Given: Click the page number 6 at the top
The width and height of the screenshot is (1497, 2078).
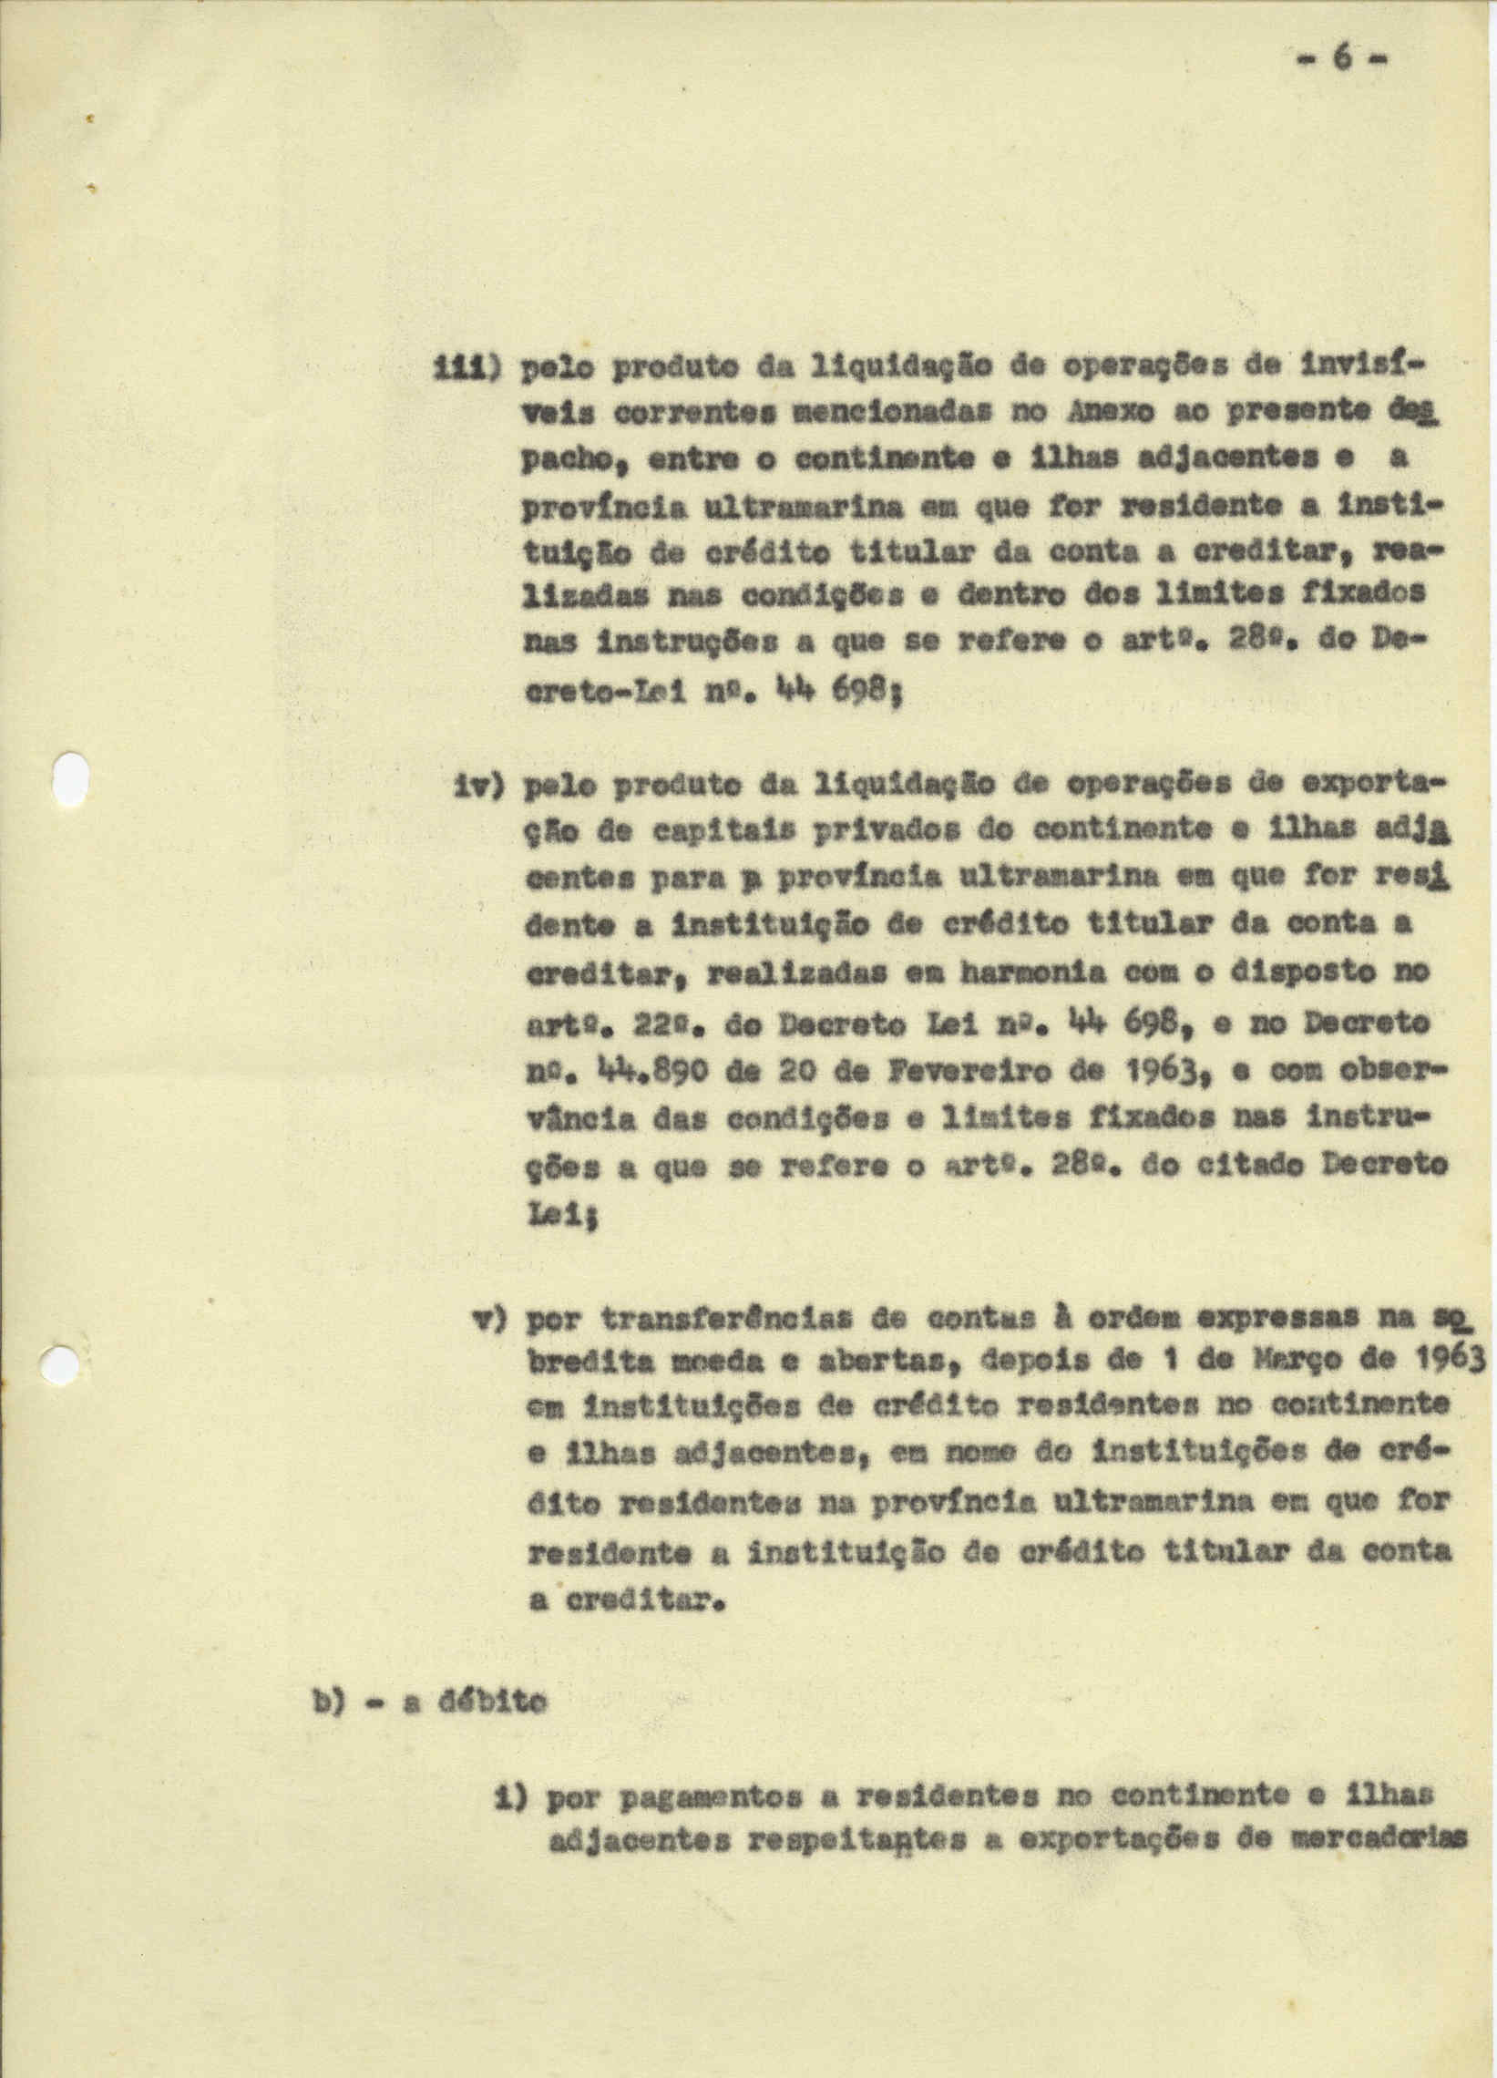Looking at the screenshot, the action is [x=1343, y=58].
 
